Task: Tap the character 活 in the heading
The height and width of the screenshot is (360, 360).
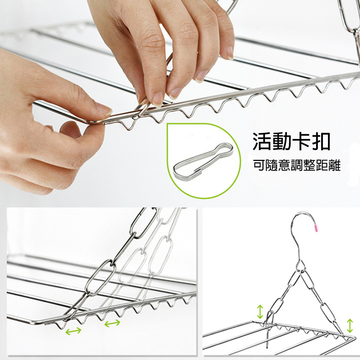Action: [261, 141]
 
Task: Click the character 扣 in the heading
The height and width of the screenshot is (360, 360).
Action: [321, 141]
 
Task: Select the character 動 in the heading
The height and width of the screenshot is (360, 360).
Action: [282, 141]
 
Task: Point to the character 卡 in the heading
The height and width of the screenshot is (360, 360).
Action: [301, 141]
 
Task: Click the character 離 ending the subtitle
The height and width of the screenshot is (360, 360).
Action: [334, 165]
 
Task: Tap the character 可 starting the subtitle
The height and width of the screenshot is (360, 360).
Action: [259, 165]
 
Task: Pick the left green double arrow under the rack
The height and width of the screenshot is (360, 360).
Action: [73, 331]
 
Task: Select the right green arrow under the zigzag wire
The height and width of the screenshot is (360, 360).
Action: [112, 323]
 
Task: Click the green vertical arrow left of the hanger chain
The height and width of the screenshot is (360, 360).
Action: [260, 311]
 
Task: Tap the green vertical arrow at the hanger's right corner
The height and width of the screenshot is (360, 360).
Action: [350, 325]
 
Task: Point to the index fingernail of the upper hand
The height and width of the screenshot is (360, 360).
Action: [158, 99]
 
